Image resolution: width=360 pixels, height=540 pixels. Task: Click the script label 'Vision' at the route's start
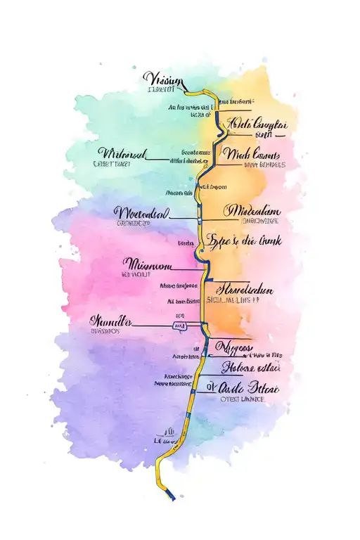[x=163, y=79]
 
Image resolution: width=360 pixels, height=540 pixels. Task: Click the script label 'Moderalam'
[x=252, y=211]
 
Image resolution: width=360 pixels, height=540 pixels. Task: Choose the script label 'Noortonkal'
[x=142, y=212]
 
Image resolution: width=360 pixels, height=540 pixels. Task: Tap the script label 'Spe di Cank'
[x=245, y=240]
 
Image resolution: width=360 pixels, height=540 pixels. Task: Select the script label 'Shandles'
[x=112, y=321]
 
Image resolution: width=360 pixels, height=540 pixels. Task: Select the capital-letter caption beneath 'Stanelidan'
[x=242, y=300]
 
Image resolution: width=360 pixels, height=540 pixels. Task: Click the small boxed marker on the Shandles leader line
[x=180, y=326]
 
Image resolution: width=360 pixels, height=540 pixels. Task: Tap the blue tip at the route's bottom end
[x=172, y=497]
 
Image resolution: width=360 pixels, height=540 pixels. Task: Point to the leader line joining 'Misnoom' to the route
[x=184, y=268]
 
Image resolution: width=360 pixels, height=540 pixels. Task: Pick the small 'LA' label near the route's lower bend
[x=168, y=431]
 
